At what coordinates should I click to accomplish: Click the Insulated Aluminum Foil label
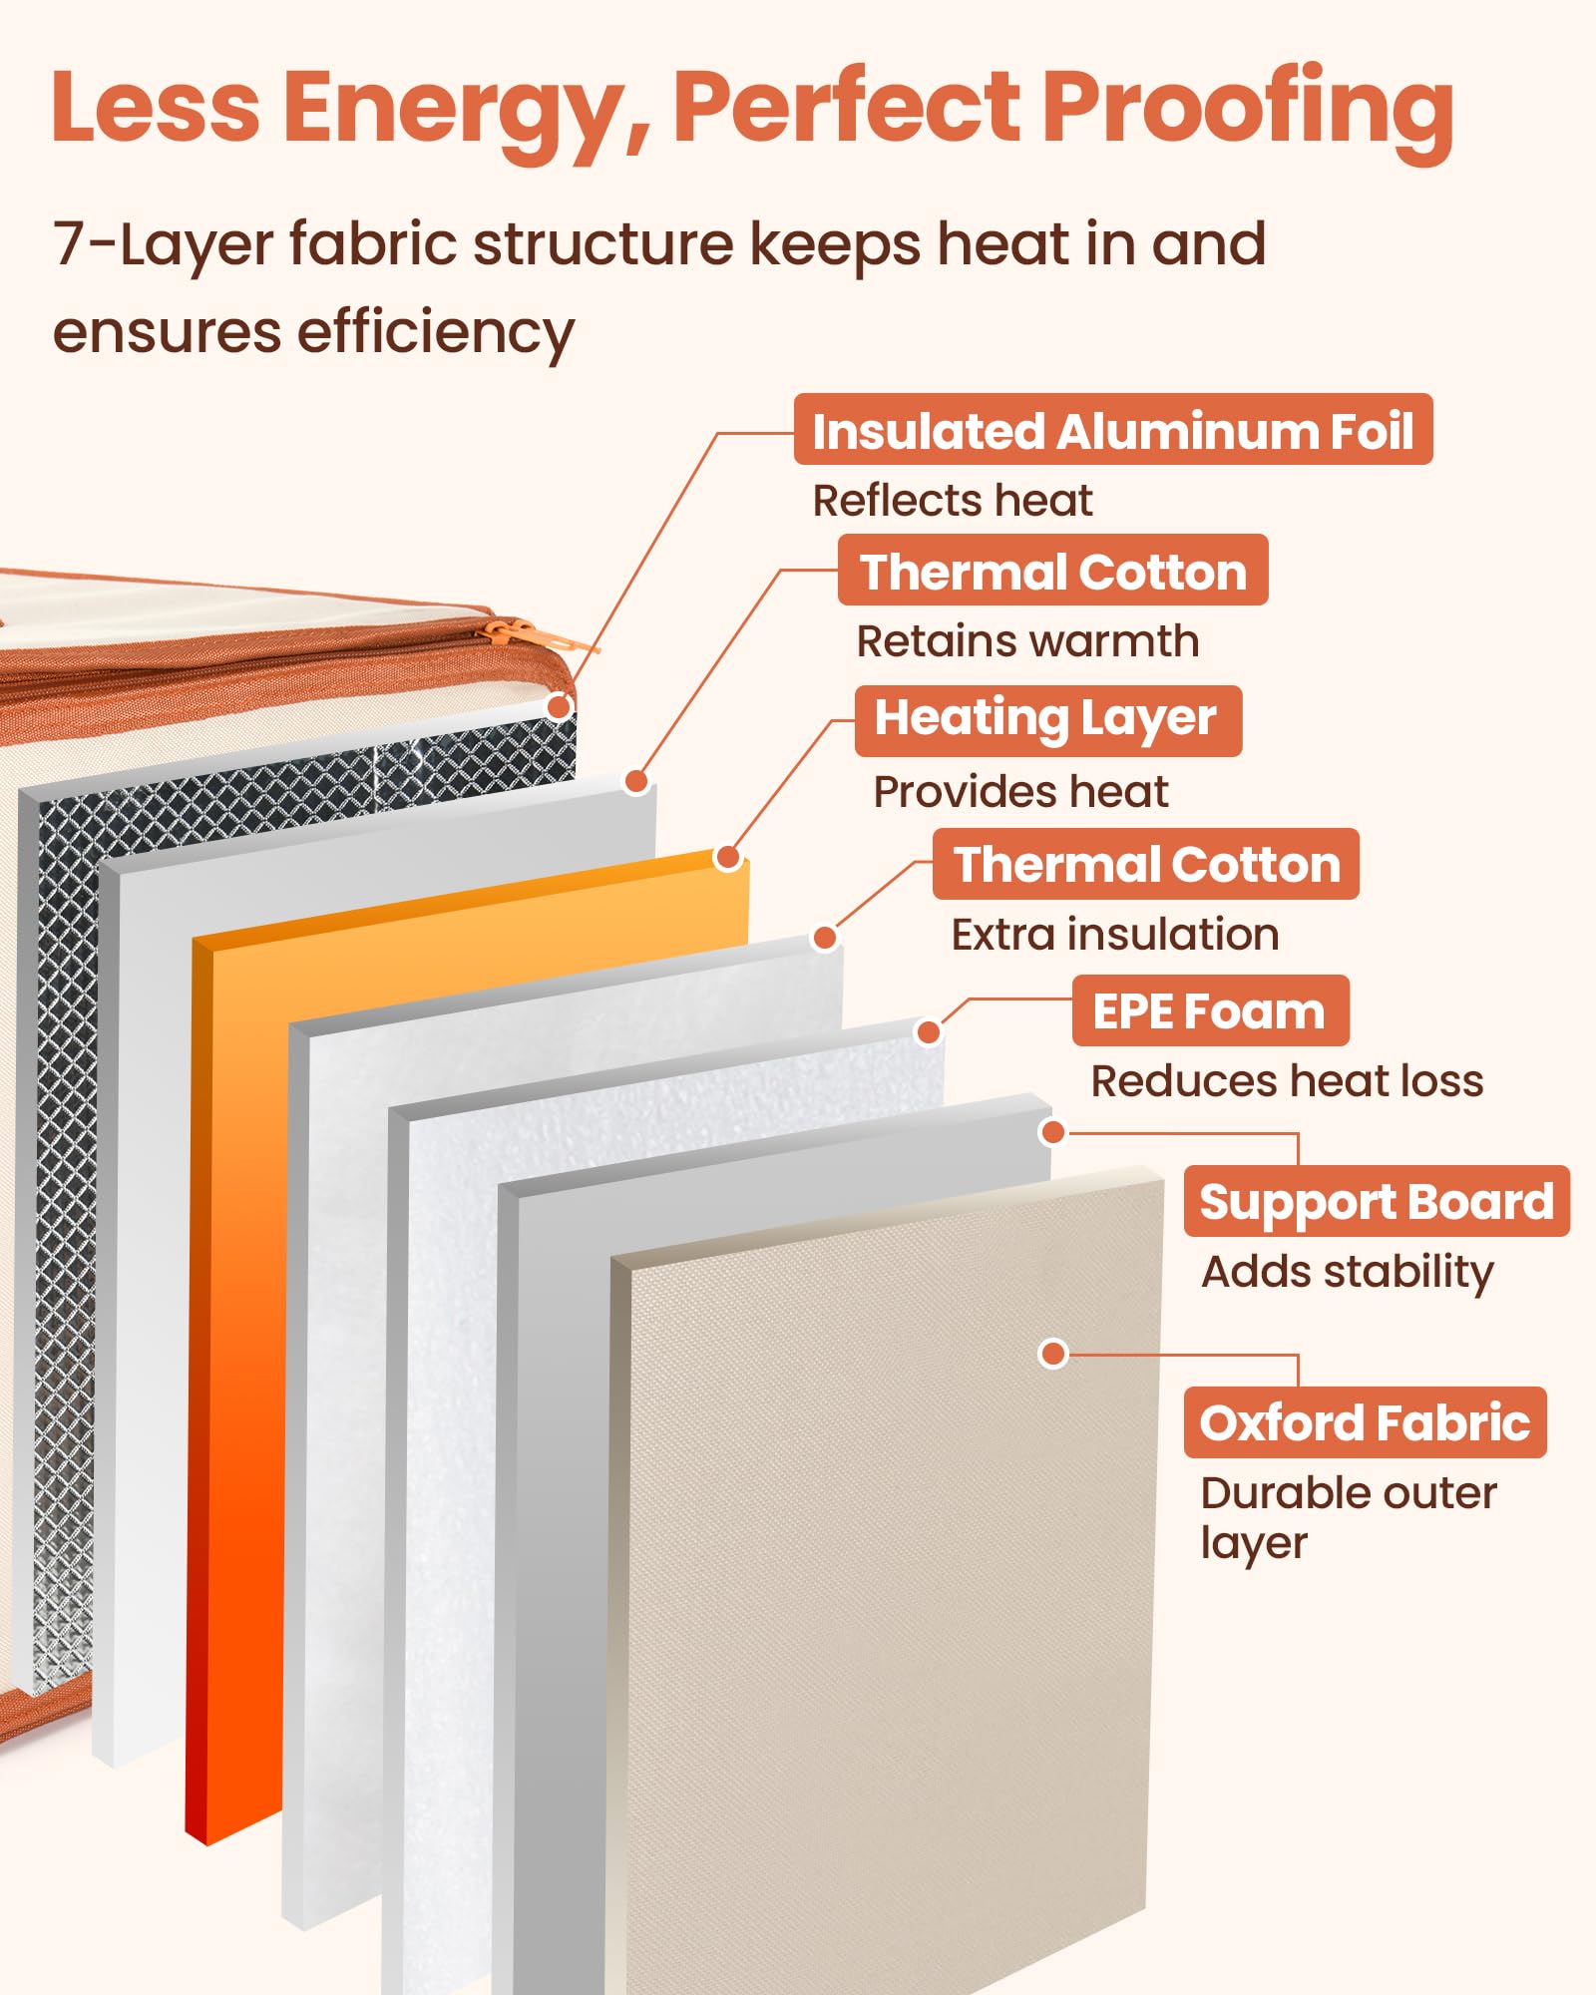[1113, 430]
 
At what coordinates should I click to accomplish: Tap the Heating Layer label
[1048, 720]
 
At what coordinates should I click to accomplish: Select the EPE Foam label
[1210, 1010]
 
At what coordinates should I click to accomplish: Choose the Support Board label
[1377, 1201]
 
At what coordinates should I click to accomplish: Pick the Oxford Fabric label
[1365, 1422]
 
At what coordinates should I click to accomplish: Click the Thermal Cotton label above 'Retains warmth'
[1053, 571]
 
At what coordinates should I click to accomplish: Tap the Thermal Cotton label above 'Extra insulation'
[1146, 864]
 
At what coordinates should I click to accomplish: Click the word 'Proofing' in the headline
[1248, 110]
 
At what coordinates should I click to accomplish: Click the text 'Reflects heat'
[953, 501]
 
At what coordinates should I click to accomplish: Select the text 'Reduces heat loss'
[1287, 1081]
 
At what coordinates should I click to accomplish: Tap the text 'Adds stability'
[1348, 1273]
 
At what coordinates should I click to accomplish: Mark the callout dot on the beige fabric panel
[1053, 1354]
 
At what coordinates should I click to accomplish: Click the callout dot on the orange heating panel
[728, 857]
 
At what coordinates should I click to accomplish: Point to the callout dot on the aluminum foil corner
[560, 707]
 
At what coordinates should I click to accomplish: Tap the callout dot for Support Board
[1052, 1132]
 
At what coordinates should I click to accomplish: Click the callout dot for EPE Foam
[929, 1032]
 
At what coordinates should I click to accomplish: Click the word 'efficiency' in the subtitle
[436, 333]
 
